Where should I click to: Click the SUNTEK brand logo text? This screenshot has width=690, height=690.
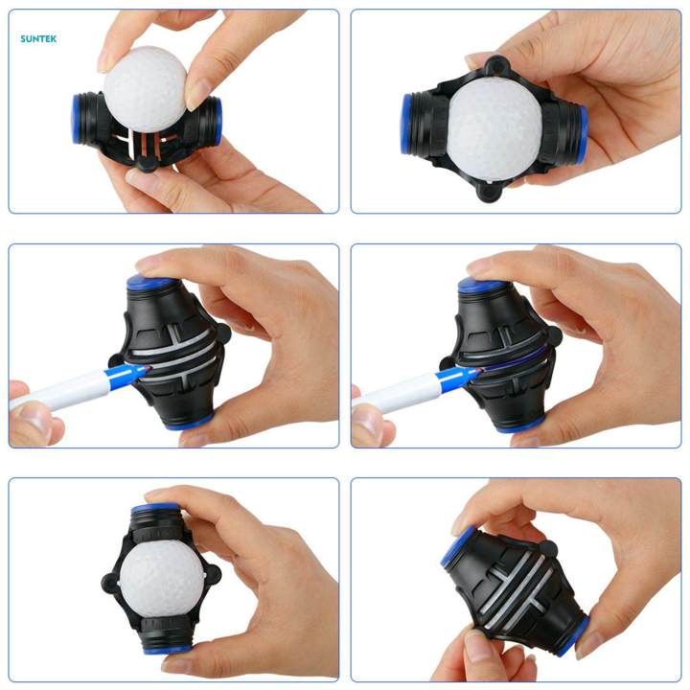[38, 39]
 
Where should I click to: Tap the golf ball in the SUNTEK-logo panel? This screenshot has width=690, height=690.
[146, 87]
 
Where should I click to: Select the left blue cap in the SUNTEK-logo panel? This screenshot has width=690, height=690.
[77, 119]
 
